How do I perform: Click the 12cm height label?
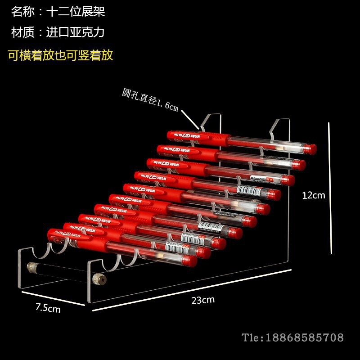click(313, 195)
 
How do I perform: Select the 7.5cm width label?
click(48, 308)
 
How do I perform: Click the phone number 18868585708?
click(305, 337)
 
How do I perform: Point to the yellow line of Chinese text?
click(60, 55)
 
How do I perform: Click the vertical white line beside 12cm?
click(331, 188)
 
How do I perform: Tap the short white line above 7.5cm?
click(53, 298)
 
